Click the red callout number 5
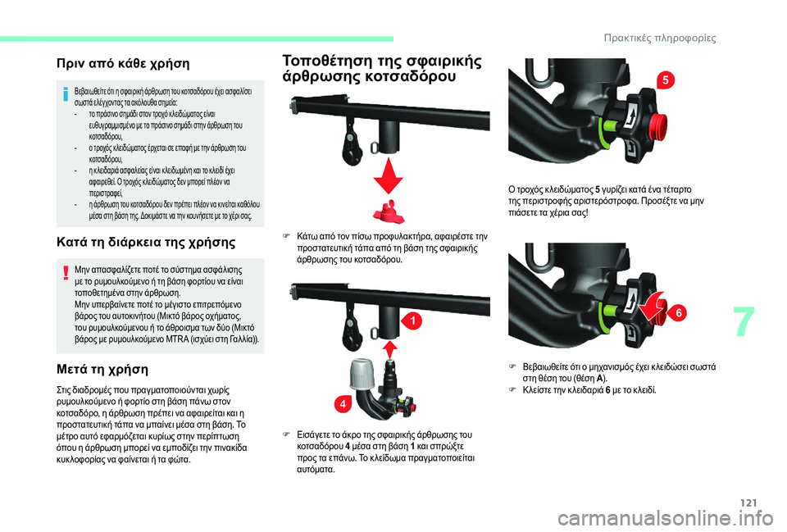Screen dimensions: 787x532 click(x=666, y=80)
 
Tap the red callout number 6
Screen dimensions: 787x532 click(x=679, y=313)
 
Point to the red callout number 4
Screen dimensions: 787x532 click(x=343, y=404)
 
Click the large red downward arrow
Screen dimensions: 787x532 click(x=388, y=175)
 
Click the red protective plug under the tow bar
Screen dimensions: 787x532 click(x=388, y=211)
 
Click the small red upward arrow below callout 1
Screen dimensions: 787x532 click(x=390, y=350)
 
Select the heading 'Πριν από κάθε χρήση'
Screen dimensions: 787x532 click(x=123, y=64)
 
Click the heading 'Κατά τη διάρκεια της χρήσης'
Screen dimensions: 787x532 click(x=146, y=243)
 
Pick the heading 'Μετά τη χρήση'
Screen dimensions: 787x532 click(x=102, y=370)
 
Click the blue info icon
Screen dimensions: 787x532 click(x=66, y=93)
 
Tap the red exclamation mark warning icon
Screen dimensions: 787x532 click(x=66, y=272)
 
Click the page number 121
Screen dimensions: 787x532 click(x=748, y=502)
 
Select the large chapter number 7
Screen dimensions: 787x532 click(x=744, y=321)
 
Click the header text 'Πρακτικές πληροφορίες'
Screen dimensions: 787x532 click(x=660, y=39)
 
